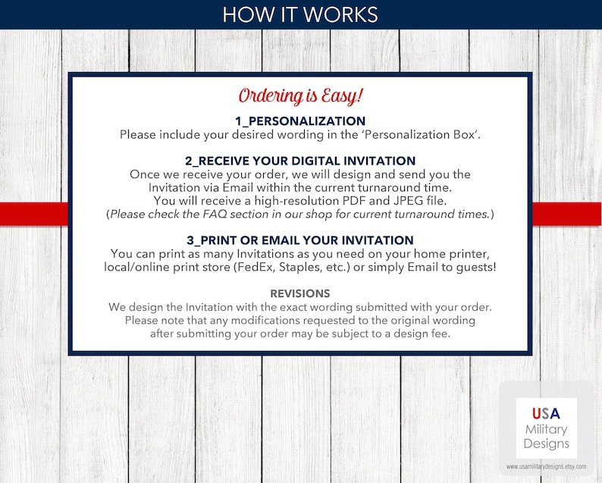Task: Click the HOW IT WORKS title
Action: [x=301, y=14]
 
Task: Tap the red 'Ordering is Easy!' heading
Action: [x=301, y=96]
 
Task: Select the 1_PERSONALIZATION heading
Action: [x=301, y=121]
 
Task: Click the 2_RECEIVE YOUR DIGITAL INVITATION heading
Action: [x=301, y=161]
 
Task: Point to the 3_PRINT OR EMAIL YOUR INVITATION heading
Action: [x=301, y=240]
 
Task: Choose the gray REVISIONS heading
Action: [x=301, y=293]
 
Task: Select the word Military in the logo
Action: [x=546, y=429]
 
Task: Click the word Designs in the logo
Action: [x=546, y=444]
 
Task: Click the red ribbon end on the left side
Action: [x=34, y=214]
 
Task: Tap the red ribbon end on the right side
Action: [x=567, y=214]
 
